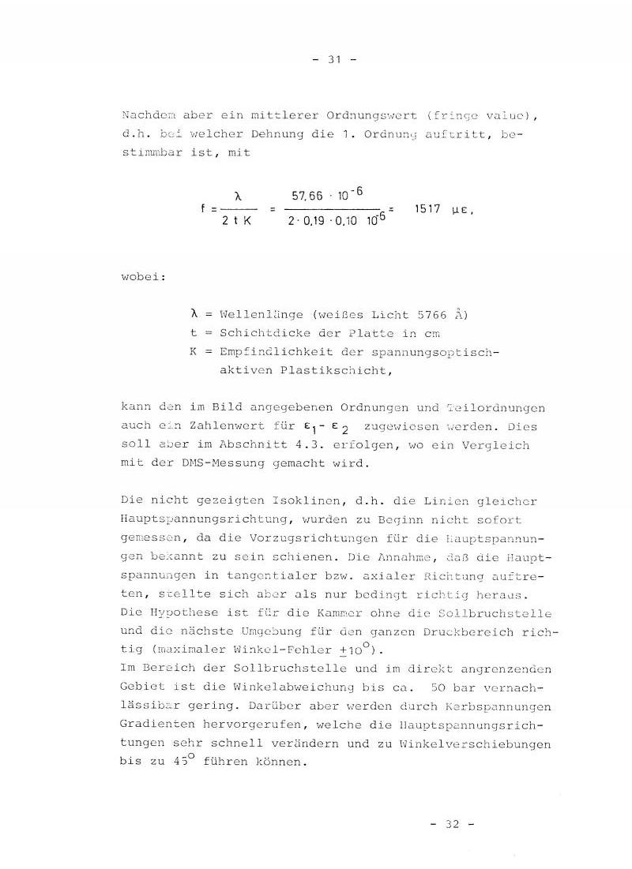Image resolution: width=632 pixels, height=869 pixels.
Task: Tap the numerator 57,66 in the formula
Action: click(309, 195)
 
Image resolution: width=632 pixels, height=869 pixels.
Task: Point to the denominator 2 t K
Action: click(237, 223)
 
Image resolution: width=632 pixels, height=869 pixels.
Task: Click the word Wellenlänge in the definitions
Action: click(258, 315)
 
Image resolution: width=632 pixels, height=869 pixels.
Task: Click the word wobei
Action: click(142, 279)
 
